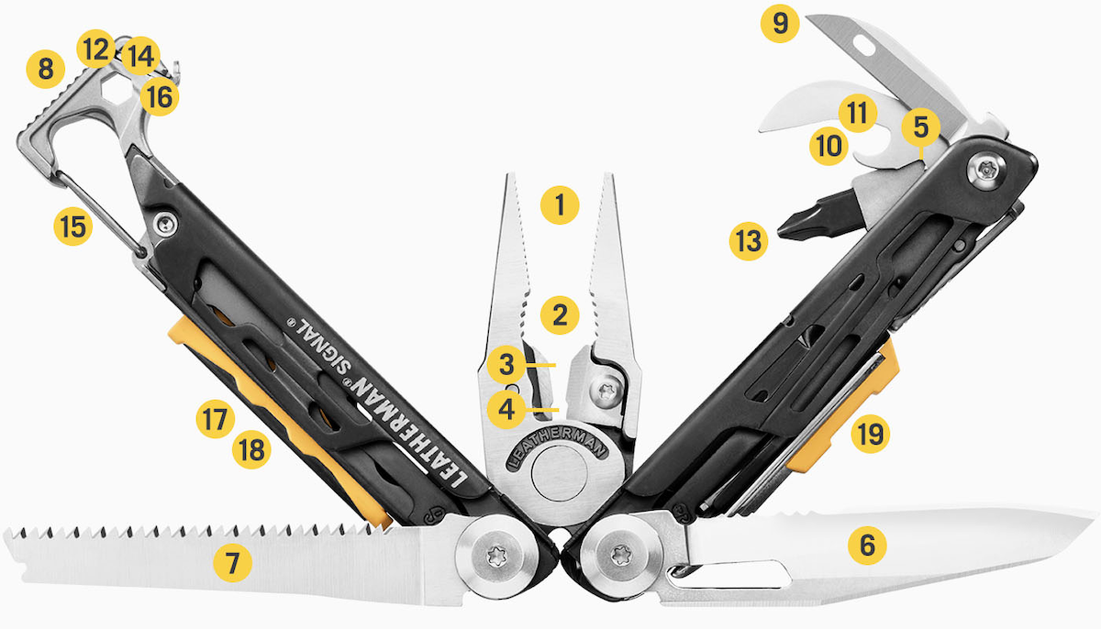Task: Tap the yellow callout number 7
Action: (x=231, y=561)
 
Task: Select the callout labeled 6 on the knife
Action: (x=867, y=546)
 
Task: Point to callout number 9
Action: (x=780, y=23)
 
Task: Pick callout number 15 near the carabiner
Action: (x=72, y=226)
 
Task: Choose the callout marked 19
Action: (x=870, y=434)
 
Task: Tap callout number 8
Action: (x=45, y=69)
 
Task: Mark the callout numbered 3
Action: (x=506, y=364)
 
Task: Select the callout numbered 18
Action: (x=251, y=450)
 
